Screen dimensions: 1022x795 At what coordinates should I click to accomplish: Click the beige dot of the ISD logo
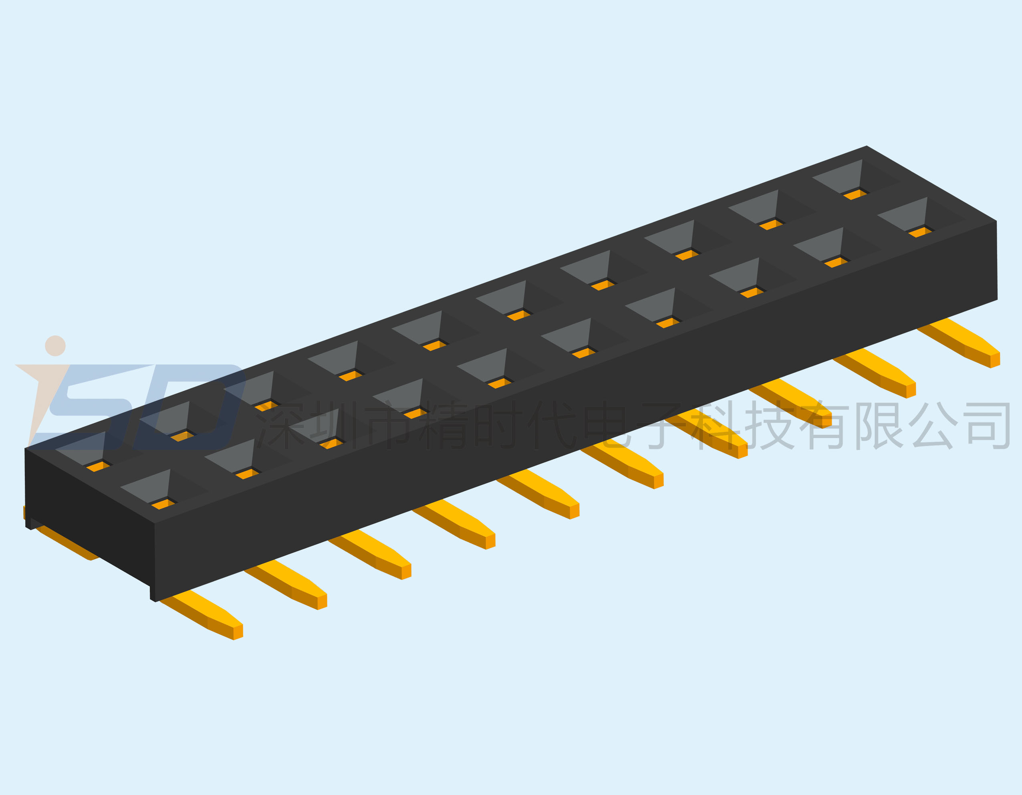tap(55, 346)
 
